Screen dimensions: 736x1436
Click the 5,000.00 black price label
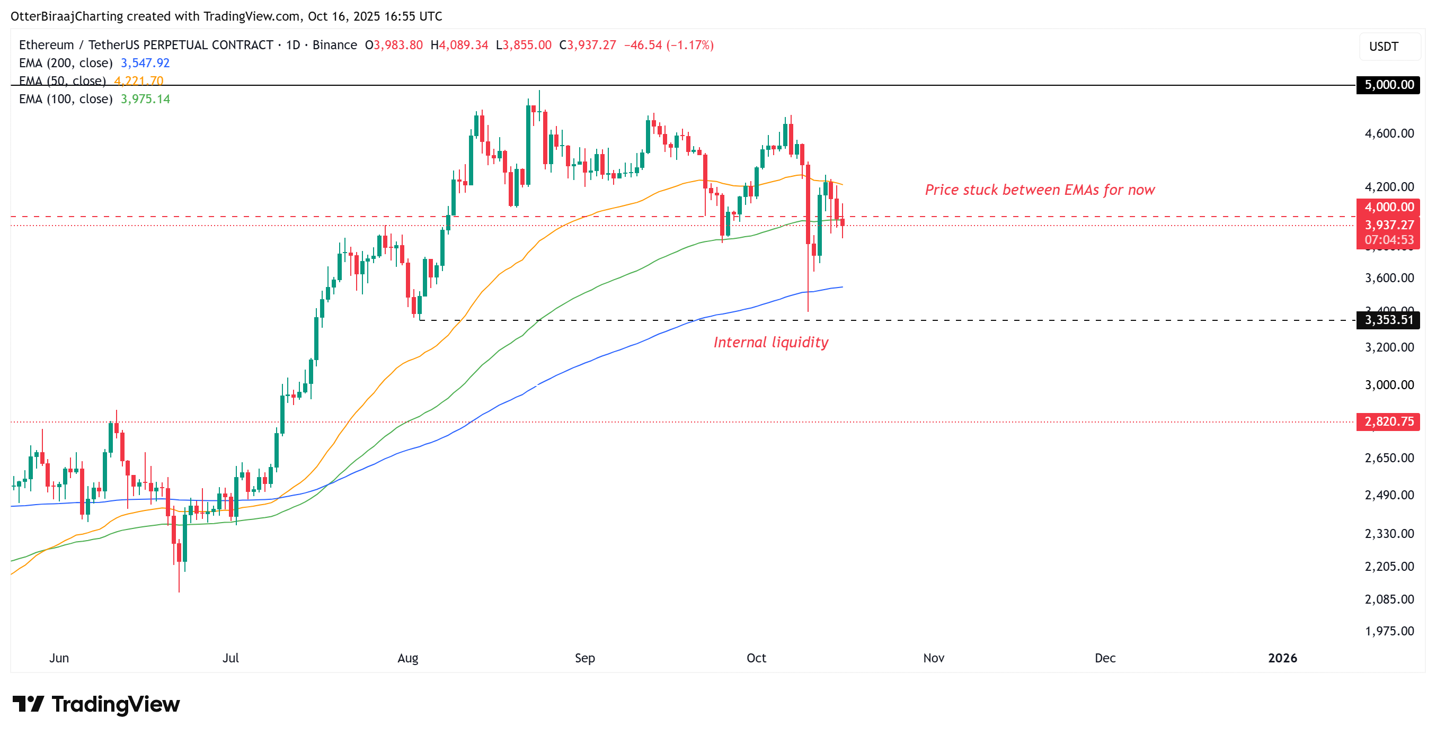coord(1388,85)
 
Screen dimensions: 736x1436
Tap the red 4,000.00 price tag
coord(1388,207)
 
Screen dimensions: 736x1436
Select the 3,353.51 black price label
coord(1388,320)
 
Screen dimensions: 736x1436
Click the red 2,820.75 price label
coord(1388,421)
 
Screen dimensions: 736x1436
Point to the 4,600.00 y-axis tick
coord(1389,133)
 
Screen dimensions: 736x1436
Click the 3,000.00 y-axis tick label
coord(1389,384)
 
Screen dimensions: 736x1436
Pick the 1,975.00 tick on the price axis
coord(1389,631)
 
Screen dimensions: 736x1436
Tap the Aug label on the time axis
coord(407,658)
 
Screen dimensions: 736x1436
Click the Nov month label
coord(933,658)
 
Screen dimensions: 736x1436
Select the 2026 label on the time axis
coord(1282,658)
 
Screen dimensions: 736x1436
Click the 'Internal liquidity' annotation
coord(770,342)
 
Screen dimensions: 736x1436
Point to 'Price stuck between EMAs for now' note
coord(1040,190)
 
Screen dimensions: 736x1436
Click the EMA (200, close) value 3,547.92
coord(145,63)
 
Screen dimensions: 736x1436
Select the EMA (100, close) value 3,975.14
coord(145,99)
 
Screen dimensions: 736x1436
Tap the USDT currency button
coord(1384,46)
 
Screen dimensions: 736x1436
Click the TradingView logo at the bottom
coord(96,704)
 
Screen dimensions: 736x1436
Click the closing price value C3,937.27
coord(588,45)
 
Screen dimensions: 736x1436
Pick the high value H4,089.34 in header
coord(459,45)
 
